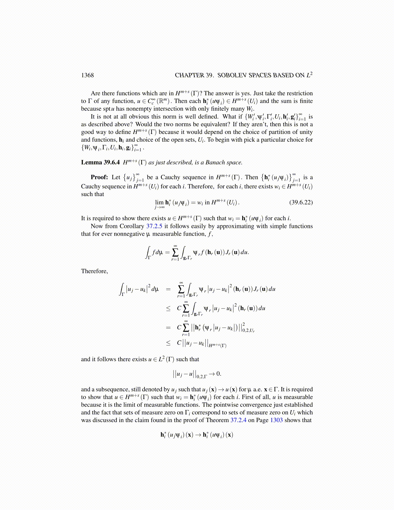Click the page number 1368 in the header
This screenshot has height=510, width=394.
[87, 75]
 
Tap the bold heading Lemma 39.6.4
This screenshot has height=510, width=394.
[100, 163]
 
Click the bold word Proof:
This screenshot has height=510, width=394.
[99, 177]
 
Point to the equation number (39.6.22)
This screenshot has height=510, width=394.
[301, 203]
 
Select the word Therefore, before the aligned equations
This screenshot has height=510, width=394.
[95, 271]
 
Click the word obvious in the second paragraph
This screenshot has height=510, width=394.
[139, 117]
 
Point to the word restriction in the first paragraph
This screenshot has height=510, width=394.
[297, 93]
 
